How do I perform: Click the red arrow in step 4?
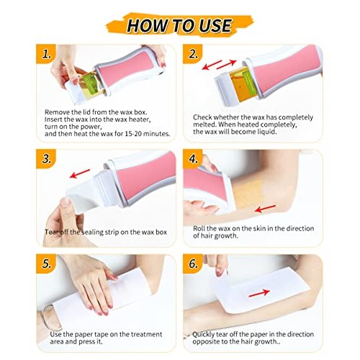point(266,209)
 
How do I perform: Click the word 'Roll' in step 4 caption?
point(200,228)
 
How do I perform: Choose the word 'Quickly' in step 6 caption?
point(205,334)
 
